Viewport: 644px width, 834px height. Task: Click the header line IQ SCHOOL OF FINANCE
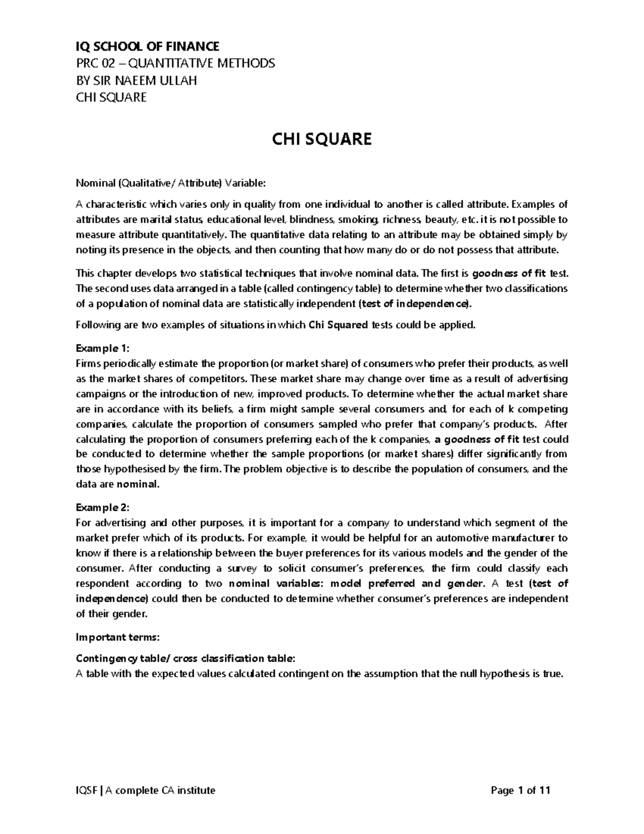pos(148,47)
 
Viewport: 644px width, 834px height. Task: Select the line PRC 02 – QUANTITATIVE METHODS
pos(175,63)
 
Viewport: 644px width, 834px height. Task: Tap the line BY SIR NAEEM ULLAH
pos(136,81)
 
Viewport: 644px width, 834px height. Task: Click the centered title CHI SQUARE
pos(321,140)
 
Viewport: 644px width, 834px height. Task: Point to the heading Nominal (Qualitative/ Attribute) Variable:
pos(171,184)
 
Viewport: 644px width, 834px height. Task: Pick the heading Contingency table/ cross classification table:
pos(185,658)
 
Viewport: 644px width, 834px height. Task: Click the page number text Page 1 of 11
pos(521,790)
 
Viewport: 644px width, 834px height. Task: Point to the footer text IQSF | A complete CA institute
pos(145,790)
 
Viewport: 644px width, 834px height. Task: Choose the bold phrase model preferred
pos(372,583)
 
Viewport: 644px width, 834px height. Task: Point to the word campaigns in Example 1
pos(100,394)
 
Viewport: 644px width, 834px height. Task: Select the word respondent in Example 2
pos(103,583)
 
